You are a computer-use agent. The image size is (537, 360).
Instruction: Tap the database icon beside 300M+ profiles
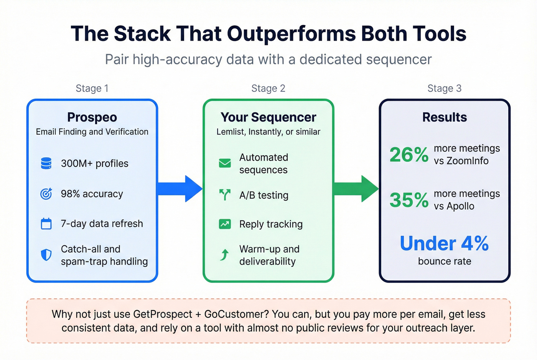point(46,163)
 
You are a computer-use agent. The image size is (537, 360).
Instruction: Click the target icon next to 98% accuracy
point(46,194)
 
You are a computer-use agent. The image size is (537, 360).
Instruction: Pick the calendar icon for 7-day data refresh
point(46,224)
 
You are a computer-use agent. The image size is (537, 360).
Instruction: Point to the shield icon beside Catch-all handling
point(46,255)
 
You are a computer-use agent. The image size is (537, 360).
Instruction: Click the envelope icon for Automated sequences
point(225,163)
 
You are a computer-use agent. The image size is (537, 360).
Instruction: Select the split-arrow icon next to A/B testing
point(225,195)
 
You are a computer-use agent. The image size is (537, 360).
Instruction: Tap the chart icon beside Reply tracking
point(225,224)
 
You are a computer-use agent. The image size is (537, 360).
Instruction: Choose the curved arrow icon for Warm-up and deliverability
point(225,255)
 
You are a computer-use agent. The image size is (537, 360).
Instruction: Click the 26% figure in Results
point(409,155)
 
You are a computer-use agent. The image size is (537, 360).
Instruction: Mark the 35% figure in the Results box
point(409,200)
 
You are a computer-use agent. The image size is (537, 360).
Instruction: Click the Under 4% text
point(444,243)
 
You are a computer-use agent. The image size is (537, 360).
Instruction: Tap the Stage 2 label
point(268,88)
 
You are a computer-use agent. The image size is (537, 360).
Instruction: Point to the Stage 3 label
point(444,88)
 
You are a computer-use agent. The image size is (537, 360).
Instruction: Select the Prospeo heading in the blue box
point(92,117)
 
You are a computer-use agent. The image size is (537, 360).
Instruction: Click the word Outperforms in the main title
point(292,34)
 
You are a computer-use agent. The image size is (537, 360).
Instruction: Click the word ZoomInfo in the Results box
point(467,161)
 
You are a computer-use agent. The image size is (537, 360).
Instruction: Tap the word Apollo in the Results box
point(460,206)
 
